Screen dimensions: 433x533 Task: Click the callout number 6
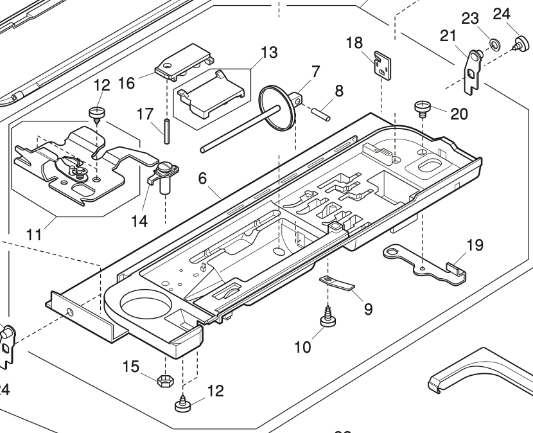pos(202,179)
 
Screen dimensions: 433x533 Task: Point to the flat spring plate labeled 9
pos(339,282)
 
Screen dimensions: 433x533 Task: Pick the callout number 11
pos(35,234)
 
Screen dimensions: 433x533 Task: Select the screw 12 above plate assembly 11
pos(97,115)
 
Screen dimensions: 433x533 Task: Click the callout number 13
pos(269,53)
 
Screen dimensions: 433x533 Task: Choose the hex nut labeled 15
pos(163,380)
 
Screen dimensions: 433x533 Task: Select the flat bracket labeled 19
pos(424,261)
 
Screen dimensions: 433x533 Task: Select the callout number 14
pos(139,221)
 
